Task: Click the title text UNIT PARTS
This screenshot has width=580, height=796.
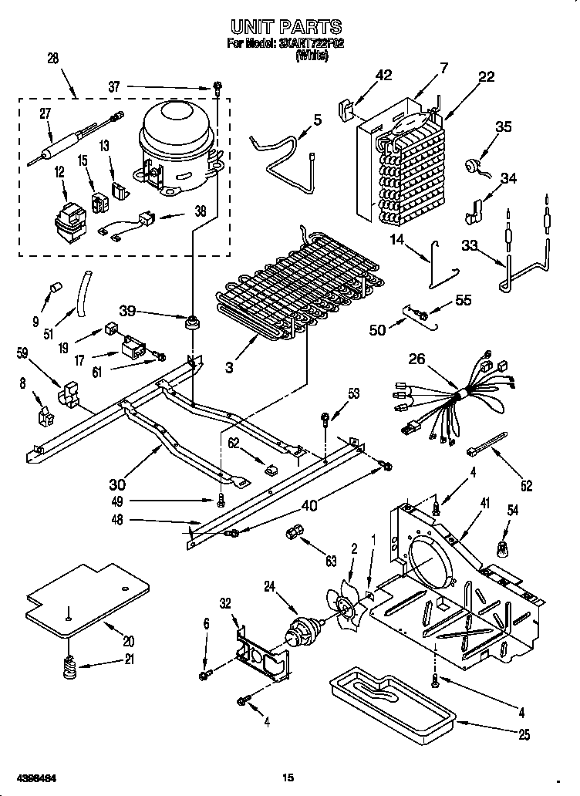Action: click(286, 29)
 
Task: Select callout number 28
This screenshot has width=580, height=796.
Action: click(52, 59)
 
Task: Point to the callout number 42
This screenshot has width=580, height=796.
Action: click(383, 75)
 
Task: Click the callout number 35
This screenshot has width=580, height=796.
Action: click(503, 128)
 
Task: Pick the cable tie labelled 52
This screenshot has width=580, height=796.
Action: click(492, 445)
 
